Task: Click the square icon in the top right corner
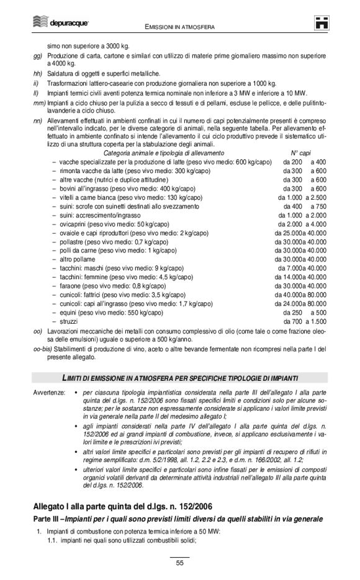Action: tap(321, 23)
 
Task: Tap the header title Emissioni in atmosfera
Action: tap(179, 27)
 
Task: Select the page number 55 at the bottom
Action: tap(179, 563)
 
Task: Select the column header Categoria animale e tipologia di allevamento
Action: tap(163, 153)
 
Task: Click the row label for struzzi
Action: tap(70, 321)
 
